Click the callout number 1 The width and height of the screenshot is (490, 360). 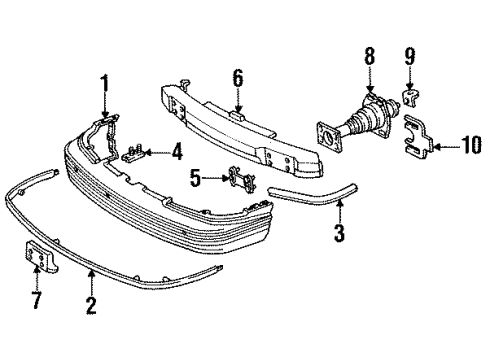click(105, 83)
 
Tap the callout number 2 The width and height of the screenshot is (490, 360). click(91, 306)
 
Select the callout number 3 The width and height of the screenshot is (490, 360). click(339, 235)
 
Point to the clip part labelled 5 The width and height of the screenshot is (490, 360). click(239, 178)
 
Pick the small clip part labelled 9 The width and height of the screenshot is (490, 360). click(410, 98)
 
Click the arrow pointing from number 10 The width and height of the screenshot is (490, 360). click(447, 146)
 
